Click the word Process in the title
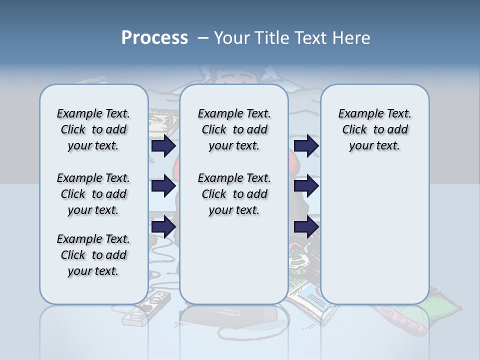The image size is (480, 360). click(154, 37)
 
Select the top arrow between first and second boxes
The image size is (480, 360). click(163, 145)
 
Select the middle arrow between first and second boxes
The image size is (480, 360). click(163, 186)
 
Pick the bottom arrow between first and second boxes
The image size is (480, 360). click(163, 227)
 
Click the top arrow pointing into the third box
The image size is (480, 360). click(306, 145)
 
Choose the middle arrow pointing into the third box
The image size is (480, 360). click(306, 186)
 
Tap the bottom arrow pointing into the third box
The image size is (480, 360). click(306, 227)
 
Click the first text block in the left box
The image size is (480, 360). click(93, 129)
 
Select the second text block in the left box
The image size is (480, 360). click(93, 194)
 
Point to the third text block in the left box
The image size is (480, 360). click(93, 255)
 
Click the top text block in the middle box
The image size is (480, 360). click(234, 129)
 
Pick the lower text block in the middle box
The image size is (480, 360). click(234, 194)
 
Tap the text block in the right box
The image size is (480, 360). click(374, 129)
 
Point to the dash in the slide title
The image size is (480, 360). click(203, 38)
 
